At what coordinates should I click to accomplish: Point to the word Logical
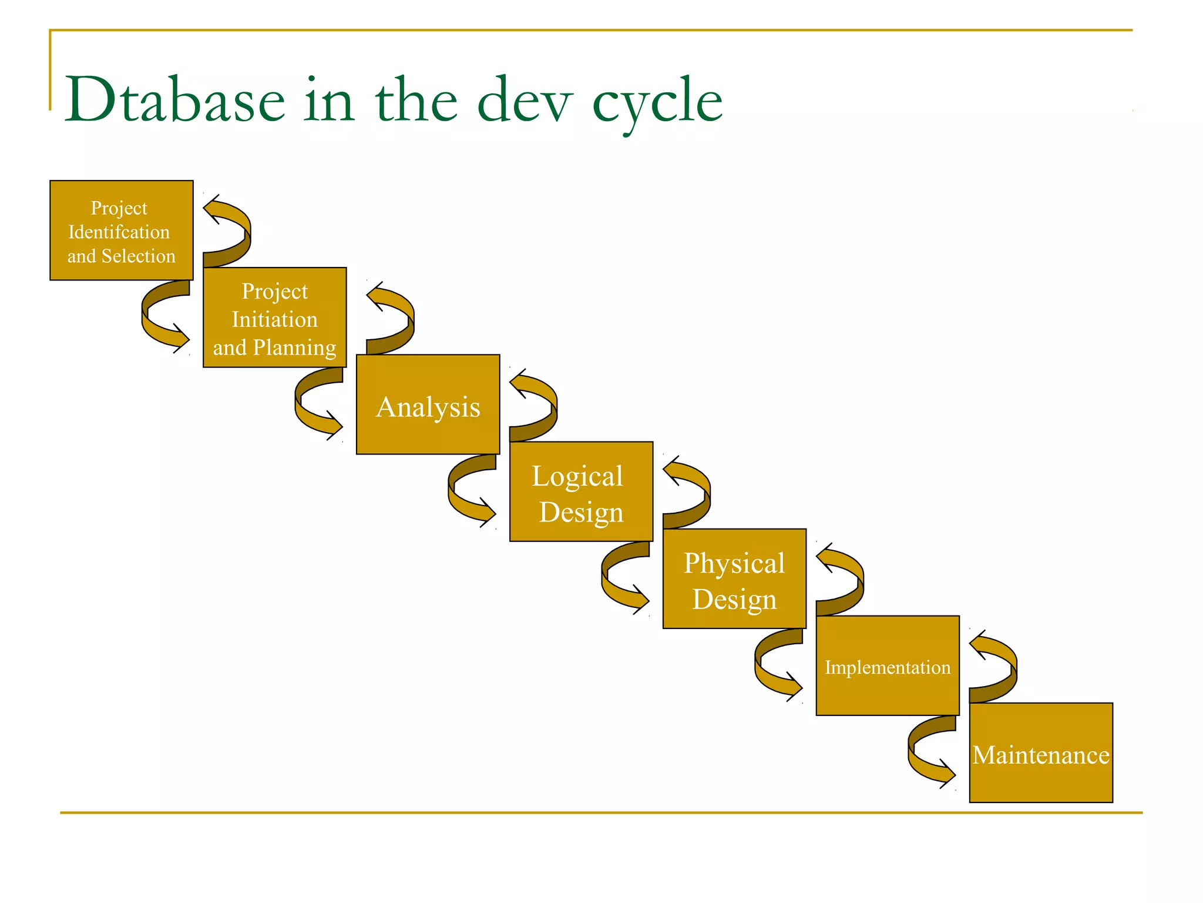[577, 476]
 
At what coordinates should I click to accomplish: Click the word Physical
[734, 563]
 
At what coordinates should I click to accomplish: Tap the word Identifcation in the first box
[119, 232]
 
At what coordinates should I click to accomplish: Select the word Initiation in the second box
[274, 319]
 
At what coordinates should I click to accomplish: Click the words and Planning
[274, 347]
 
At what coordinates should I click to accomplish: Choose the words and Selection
[121, 256]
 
